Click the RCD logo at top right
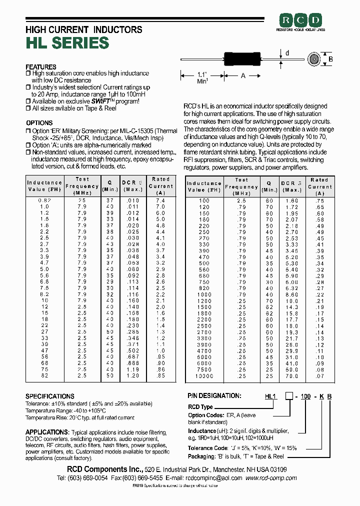(x=301, y=20)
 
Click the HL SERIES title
(x=67, y=43)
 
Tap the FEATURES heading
(x=41, y=67)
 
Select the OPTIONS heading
(x=39, y=123)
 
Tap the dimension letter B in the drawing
(x=330, y=59)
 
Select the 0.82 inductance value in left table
(x=44, y=200)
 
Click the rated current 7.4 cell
(x=160, y=200)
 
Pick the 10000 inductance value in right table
(x=204, y=376)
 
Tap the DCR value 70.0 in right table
(x=291, y=376)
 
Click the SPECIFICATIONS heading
(x=50, y=396)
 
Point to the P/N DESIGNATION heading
(x=213, y=395)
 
